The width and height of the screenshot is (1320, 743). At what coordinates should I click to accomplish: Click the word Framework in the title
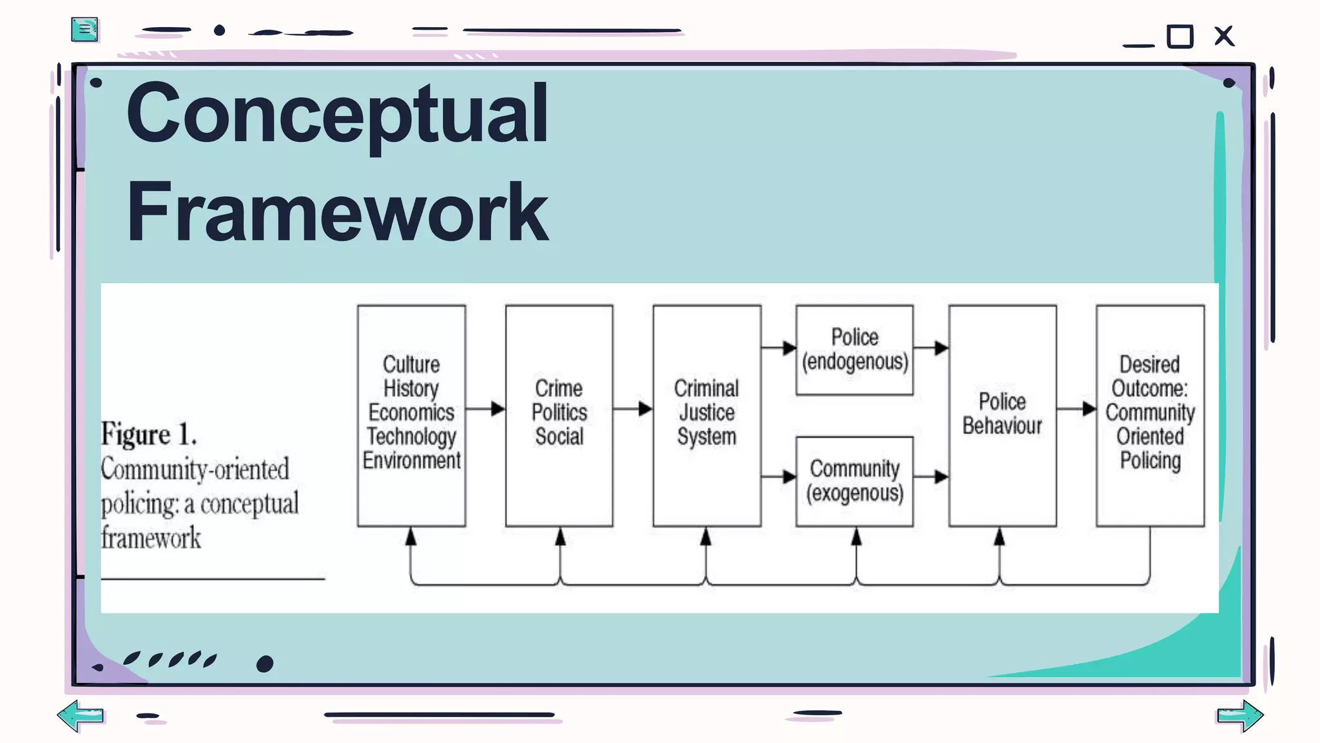[337, 212]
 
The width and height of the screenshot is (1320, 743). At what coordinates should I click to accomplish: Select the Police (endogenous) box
[854, 350]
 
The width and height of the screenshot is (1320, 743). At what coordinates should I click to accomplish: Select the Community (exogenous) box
[854, 481]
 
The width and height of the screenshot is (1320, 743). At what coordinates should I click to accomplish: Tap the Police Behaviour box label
[1002, 414]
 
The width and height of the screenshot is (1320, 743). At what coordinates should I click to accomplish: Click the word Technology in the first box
[411, 437]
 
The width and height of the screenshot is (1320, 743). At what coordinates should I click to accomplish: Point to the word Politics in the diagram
[559, 413]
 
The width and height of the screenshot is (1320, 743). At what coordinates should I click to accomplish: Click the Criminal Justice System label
[706, 413]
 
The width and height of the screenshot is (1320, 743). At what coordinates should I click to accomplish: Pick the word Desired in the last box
[1149, 364]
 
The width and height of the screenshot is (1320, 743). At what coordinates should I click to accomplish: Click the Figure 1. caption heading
[149, 434]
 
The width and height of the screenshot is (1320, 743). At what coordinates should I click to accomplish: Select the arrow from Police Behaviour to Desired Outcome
[1077, 408]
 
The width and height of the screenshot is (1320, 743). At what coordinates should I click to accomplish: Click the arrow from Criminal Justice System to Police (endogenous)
[779, 348]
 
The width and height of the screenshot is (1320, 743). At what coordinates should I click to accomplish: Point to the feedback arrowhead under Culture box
[411, 537]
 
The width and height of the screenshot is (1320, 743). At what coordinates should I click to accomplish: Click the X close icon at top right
[1223, 36]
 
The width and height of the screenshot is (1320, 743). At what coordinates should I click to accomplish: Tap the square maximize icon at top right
[1180, 36]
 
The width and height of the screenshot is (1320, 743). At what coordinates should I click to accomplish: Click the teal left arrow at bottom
[81, 715]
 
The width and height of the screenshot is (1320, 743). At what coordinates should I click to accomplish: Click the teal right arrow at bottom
[1240, 715]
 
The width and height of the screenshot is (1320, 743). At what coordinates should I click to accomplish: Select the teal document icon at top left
[84, 30]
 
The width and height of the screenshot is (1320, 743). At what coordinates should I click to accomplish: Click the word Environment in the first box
[411, 461]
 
